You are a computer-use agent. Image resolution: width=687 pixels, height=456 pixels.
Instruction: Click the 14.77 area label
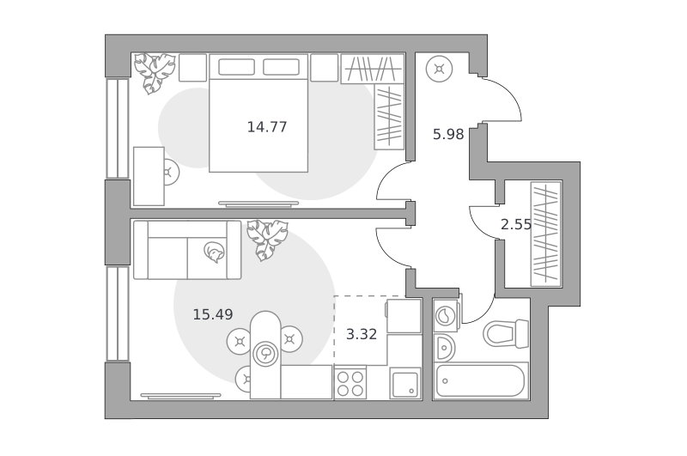(x=267, y=127)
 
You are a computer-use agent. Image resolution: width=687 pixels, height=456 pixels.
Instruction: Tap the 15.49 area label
(x=213, y=314)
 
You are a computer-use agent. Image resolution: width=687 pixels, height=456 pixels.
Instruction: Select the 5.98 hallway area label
(x=448, y=135)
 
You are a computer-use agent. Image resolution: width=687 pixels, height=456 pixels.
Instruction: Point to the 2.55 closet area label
(x=516, y=225)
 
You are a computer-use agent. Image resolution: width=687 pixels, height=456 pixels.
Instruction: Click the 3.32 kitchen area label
(x=362, y=335)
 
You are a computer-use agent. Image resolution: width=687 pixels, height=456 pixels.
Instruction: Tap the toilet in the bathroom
(x=506, y=334)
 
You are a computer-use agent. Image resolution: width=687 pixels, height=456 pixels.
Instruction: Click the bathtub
(x=481, y=380)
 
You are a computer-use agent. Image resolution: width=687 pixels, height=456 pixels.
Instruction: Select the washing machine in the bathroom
(x=446, y=315)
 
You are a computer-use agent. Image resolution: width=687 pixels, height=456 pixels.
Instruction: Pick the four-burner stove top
(x=350, y=383)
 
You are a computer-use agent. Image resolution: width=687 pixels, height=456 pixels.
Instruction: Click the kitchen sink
(x=405, y=384)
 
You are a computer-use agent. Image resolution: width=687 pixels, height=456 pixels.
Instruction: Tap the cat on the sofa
(x=214, y=252)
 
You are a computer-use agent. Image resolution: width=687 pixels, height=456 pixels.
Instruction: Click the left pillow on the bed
(x=236, y=68)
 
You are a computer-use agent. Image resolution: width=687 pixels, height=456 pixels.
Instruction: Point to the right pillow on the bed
(x=282, y=68)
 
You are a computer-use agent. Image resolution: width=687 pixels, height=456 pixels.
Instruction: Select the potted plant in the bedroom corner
(x=155, y=72)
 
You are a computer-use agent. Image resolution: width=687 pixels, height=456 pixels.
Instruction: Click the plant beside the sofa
(x=267, y=240)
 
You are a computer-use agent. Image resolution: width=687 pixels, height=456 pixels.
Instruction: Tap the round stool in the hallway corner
(x=439, y=70)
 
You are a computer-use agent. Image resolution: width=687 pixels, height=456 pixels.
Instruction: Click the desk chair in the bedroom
(x=170, y=172)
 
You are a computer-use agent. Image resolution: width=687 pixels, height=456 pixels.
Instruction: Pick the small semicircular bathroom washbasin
(x=444, y=348)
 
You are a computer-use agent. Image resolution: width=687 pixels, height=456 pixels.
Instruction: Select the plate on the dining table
(x=265, y=353)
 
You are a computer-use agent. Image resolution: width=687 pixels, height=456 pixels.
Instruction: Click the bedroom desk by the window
(x=149, y=176)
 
